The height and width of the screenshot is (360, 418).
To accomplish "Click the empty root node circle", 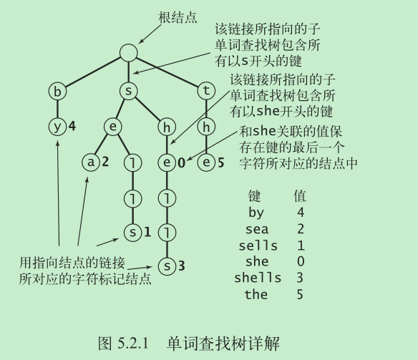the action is pos(129,52).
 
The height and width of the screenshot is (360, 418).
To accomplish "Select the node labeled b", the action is pos(57,92).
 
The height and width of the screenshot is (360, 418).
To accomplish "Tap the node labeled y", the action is pos(57,127).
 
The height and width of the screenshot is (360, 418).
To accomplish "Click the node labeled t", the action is pos(206,91).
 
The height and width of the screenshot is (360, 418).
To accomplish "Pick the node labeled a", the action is pos(91,162).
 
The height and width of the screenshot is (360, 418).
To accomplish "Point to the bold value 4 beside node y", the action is pos(72,126).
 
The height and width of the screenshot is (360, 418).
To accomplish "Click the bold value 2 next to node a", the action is pos(105,162).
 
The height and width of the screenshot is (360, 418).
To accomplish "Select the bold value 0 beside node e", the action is pos(181,162).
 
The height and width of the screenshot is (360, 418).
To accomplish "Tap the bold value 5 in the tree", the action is pos(220,162).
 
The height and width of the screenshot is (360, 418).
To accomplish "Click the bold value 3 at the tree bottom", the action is pos(182,266).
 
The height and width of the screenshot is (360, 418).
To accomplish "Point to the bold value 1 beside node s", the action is pos(147,233).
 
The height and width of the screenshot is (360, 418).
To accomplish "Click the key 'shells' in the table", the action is pos(258,278).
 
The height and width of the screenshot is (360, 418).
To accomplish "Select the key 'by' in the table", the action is pos(256,213).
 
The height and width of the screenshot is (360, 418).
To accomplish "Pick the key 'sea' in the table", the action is pos(257,229).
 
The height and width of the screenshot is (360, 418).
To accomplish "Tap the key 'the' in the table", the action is pos(256,294).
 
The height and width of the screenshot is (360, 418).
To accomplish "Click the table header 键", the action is pos(254,196).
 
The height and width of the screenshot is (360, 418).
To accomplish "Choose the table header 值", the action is pos(300,196).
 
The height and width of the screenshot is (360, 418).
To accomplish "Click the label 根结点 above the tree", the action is pos(178,18).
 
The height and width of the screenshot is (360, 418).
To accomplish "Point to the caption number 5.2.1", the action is pos(132,343).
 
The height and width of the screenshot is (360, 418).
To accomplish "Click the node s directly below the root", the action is pos(129,91).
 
